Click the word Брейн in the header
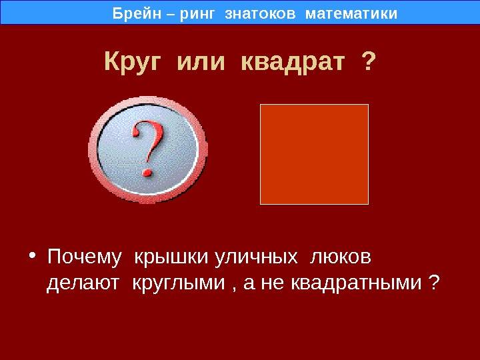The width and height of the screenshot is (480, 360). click(x=137, y=13)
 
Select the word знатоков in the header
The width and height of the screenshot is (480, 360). click(x=260, y=14)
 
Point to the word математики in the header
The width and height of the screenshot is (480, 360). click(x=351, y=14)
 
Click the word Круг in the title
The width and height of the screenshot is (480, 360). click(x=132, y=63)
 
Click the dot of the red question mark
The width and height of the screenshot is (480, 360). click(x=147, y=173)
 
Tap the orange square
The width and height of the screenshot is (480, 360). click(x=314, y=154)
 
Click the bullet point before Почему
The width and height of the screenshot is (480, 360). click(x=33, y=255)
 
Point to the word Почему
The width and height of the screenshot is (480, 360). click(x=85, y=257)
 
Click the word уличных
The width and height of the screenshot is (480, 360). click(x=256, y=257)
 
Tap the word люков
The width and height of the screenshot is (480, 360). click(x=340, y=257)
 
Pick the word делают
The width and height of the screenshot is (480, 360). click(x=83, y=283)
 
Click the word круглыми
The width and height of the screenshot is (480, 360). click(x=179, y=283)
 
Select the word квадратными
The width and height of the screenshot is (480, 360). click(x=356, y=283)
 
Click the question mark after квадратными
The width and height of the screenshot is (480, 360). click(x=433, y=281)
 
